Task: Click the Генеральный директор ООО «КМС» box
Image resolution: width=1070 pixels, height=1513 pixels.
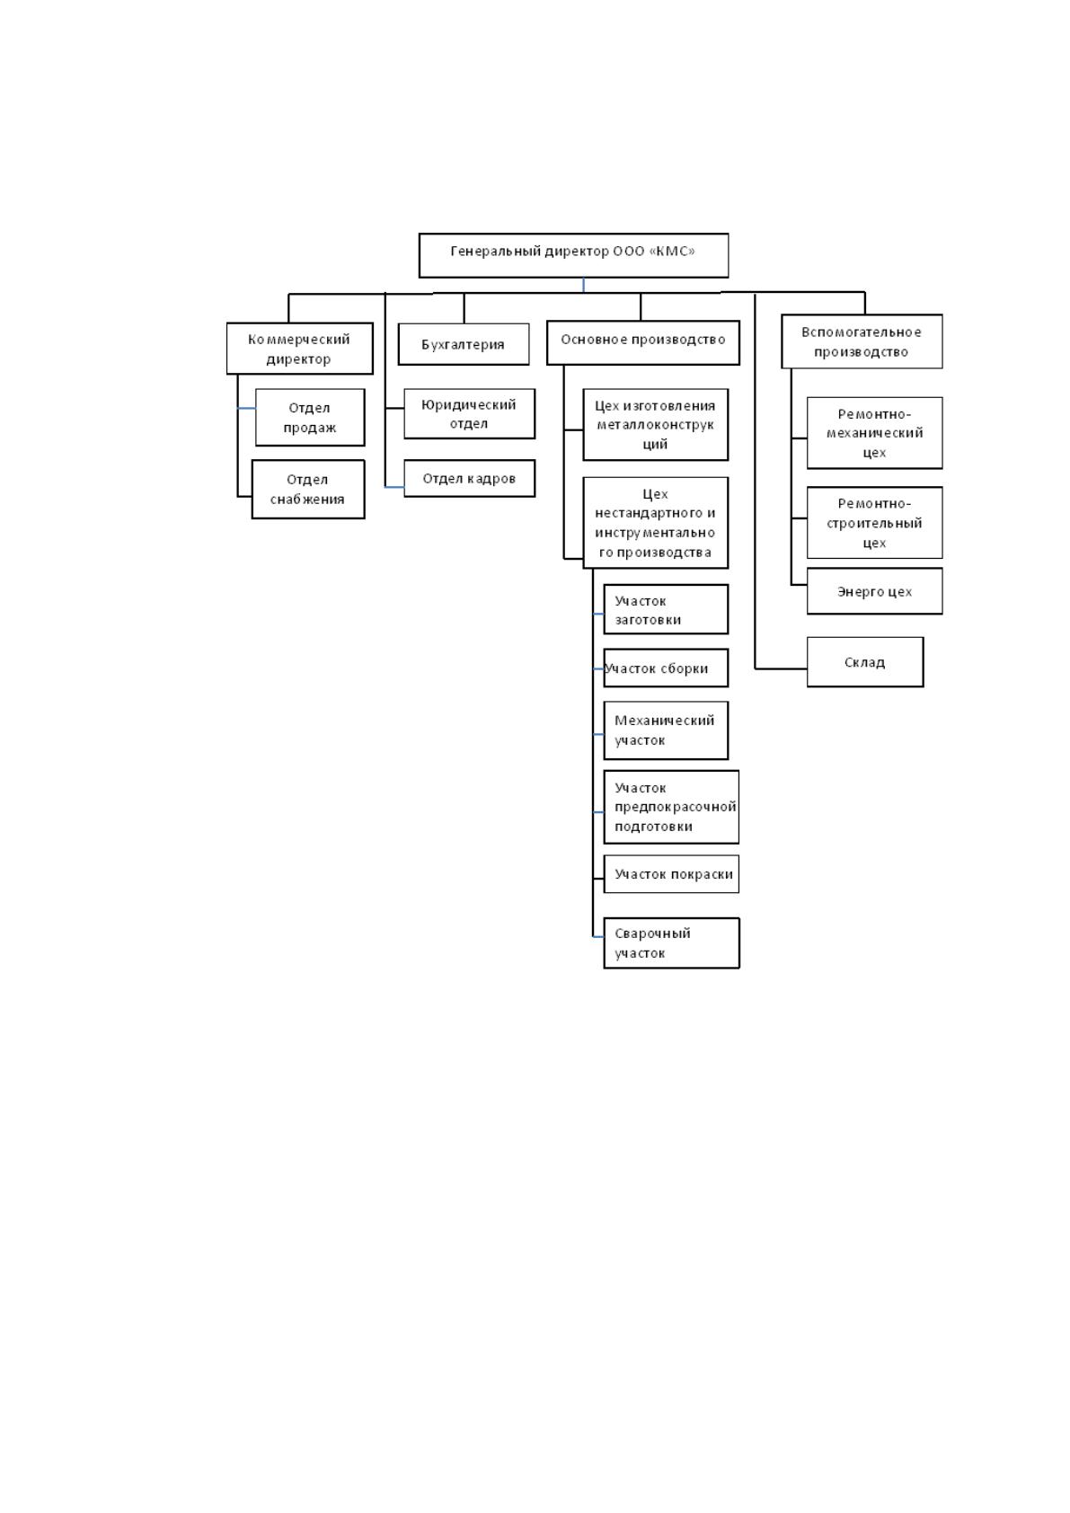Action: pos(573,255)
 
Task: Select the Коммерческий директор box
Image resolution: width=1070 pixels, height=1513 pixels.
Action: pos(300,349)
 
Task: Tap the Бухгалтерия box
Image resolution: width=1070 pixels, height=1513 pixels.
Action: pos(464,344)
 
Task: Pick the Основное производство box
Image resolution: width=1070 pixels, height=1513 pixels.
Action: pos(643,342)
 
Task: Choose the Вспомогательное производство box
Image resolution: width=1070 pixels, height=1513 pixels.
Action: pos(862,341)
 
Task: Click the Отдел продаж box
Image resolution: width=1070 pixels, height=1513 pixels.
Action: pos(310,418)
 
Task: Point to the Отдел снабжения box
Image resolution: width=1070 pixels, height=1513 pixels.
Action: pos(308,490)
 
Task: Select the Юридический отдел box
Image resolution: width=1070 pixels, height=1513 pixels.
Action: pos(470,414)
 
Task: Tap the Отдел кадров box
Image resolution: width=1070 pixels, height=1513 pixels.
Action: pos(470,479)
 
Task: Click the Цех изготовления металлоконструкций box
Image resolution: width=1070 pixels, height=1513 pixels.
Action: pos(656,425)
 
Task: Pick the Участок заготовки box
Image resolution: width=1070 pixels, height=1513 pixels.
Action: pos(666,609)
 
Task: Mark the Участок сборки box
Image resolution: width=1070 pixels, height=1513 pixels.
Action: pos(666,668)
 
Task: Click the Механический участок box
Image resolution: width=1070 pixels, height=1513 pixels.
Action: pos(666,730)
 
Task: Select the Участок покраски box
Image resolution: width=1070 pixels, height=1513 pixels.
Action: pos(671,874)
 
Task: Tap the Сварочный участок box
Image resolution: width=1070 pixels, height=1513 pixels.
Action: pos(672,942)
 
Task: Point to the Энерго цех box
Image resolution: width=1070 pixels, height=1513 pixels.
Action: pos(875,591)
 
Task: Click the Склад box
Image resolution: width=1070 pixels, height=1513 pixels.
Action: pos(865,662)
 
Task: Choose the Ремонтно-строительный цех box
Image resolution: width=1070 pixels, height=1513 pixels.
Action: pos(875,523)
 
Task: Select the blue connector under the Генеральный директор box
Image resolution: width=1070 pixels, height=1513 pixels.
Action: pos(584,285)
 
